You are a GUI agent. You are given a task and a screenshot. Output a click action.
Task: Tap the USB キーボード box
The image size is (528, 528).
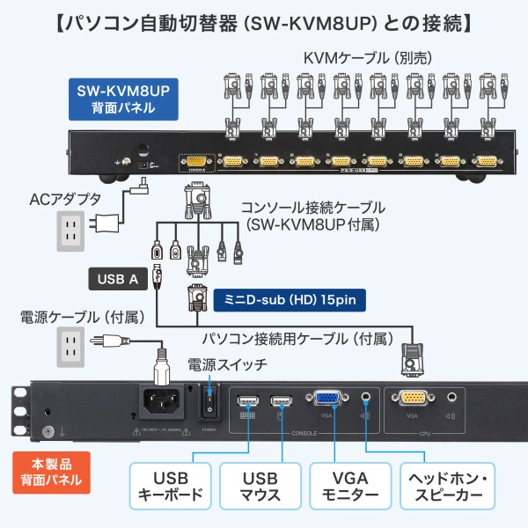pyautogui.click(x=171, y=486)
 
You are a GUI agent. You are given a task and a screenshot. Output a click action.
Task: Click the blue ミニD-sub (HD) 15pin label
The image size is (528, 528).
pyautogui.click(x=289, y=299)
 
